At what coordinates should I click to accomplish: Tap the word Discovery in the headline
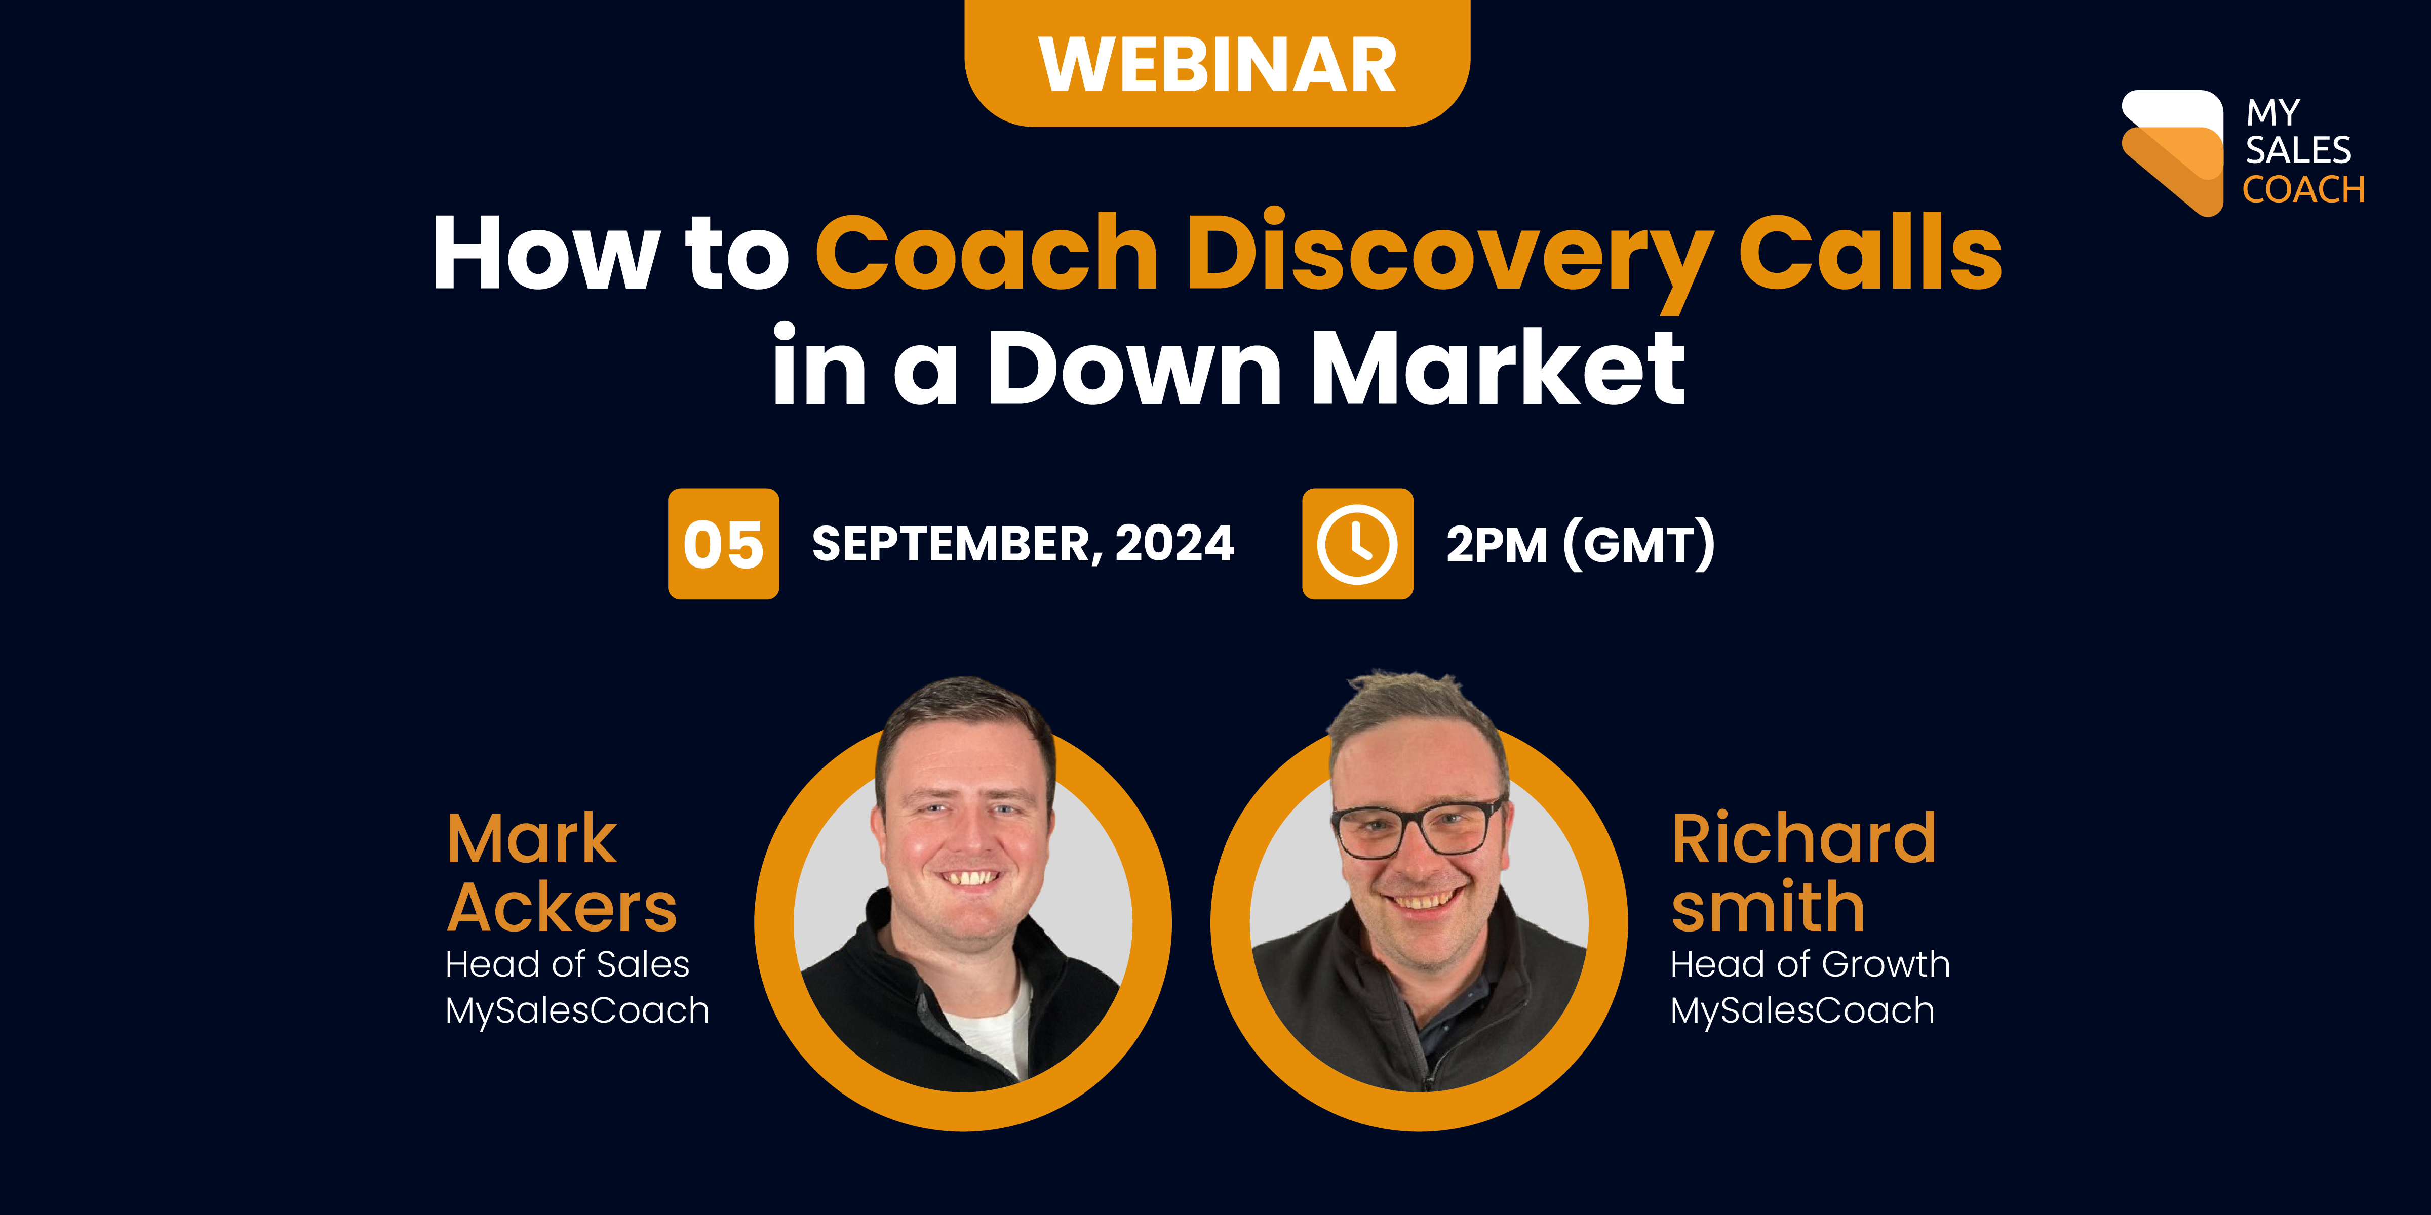[x=1448, y=253]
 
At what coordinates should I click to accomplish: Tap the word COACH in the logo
[x=2303, y=190]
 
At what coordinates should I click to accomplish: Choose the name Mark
[x=531, y=839]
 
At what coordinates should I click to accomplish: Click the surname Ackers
[x=562, y=908]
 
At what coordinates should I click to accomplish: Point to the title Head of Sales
[x=567, y=964]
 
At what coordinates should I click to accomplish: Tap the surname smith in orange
[x=1768, y=908]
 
